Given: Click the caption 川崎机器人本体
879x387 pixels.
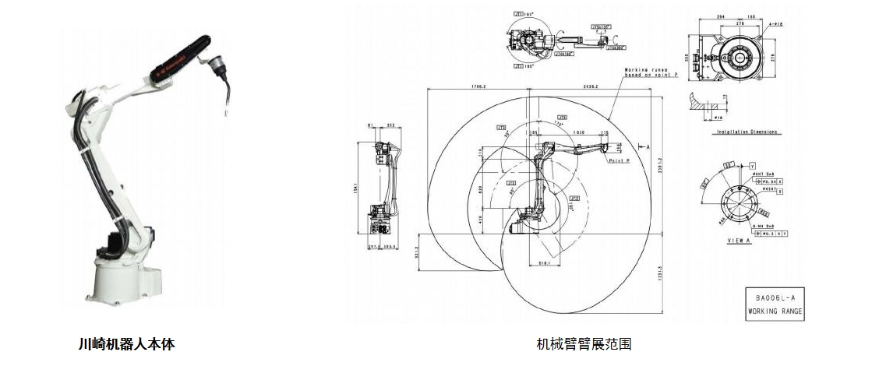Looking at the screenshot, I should (126, 343).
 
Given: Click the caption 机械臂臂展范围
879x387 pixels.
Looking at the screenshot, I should (584, 343).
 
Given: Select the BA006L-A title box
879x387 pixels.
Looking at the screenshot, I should (774, 304).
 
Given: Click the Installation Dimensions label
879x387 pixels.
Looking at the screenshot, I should (747, 132).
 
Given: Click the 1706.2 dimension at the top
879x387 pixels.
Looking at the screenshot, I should (478, 86).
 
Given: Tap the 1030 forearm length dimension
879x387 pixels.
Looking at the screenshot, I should (579, 133).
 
